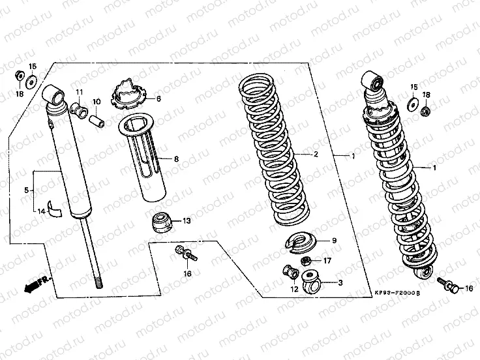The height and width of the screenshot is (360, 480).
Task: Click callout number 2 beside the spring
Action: click(316, 155)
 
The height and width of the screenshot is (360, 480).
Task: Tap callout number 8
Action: click(176, 158)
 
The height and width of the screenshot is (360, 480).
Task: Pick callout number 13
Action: click(187, 222)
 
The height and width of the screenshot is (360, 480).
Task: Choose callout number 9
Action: click(334, 241)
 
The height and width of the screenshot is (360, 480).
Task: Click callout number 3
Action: click(339, 282)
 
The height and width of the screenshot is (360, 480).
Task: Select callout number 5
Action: click(26, 190)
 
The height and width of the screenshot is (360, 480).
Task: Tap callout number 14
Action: click(40, 211)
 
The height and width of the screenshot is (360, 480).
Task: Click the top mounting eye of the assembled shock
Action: click(376, 81)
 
